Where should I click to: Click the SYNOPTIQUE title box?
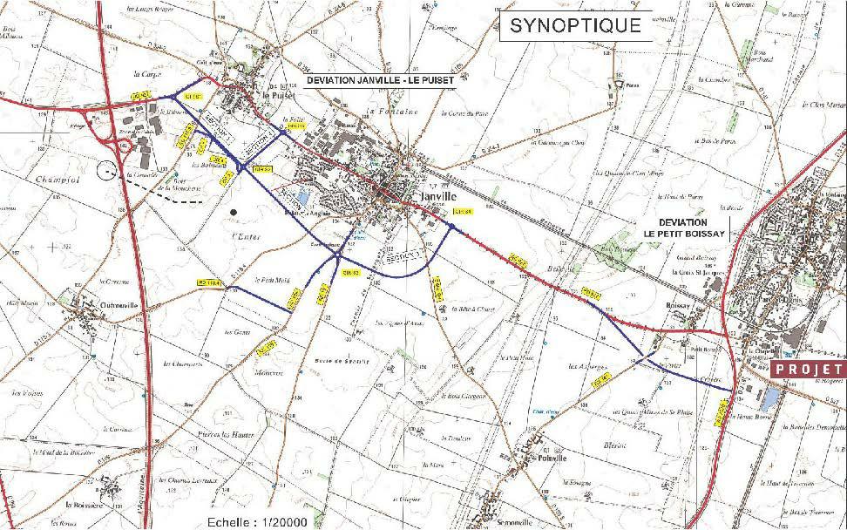coord(575,25)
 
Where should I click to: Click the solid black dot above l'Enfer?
coord(233,212)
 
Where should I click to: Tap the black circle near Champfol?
coord(110,171)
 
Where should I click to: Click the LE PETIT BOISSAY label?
coord(685,234)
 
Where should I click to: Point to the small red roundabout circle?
coord(125,144)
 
